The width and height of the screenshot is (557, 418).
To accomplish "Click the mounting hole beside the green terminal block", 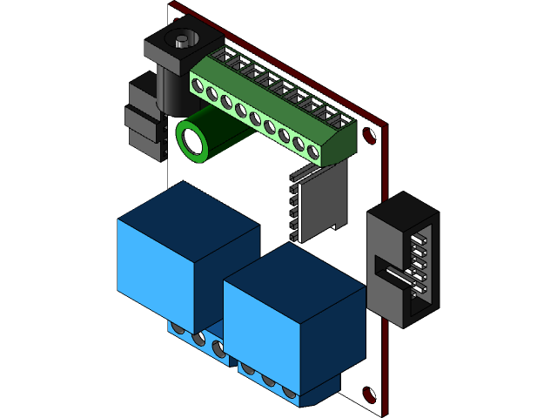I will pos(369,136).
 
